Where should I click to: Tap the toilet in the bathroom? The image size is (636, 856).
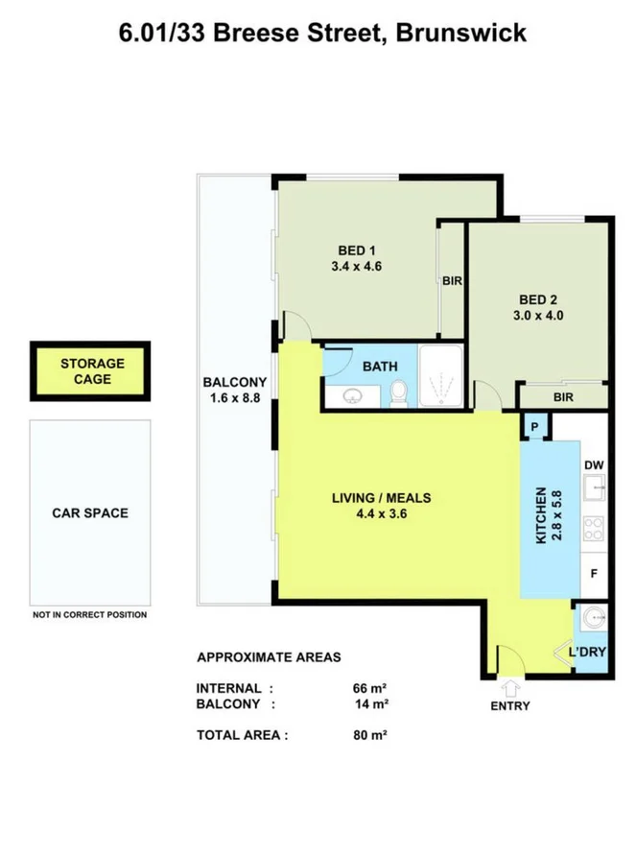click(399, 392)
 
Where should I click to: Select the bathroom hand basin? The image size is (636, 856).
click(350, 395)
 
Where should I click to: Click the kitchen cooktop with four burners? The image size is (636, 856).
click(594, 528)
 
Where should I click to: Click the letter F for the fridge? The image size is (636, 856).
click(594, 574)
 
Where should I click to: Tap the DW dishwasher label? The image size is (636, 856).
click(594, 464)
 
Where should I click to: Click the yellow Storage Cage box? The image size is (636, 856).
click(92, 371)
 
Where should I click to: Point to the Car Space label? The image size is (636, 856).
click(90, 512)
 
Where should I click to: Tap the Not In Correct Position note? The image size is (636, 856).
click(90, 615)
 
